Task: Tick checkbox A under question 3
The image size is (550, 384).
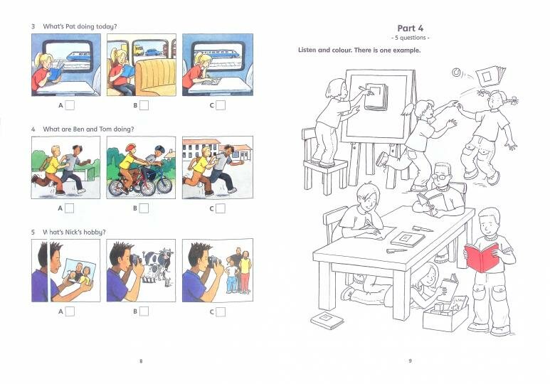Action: tap(70, 106)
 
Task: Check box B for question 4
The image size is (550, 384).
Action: tap(144, 208)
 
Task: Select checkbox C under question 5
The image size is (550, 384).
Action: tap(220, 311)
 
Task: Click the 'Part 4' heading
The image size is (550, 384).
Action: tap(411, 27)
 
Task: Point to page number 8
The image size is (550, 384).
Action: tap(141, 361)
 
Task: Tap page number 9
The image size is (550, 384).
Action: tap(410, 361)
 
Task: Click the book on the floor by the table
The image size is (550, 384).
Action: tap(327, 320)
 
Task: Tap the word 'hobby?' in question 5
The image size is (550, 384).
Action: tap(95, 233)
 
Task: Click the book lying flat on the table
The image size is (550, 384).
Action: tap(407, 239)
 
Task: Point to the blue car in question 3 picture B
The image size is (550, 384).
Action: tap(138, 51)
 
